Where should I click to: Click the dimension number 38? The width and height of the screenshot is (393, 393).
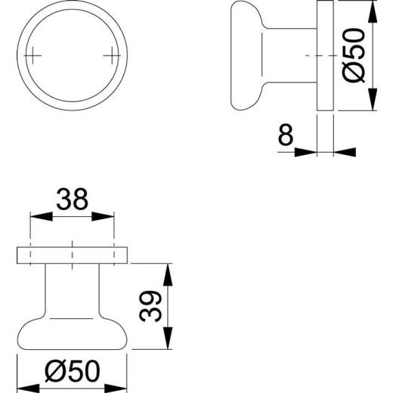[72, 199]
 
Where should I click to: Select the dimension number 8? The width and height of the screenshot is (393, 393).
[285, 135]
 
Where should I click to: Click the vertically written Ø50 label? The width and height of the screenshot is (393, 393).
[355, 57]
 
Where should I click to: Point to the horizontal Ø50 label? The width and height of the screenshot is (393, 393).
[73, 370]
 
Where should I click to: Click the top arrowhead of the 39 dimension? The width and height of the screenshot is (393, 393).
[169, 270]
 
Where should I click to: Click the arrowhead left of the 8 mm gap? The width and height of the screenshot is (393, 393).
[305, 151]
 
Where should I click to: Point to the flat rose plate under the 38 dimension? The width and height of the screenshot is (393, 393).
[72, 255]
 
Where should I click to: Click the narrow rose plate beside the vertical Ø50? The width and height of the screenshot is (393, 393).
[325, 57]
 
